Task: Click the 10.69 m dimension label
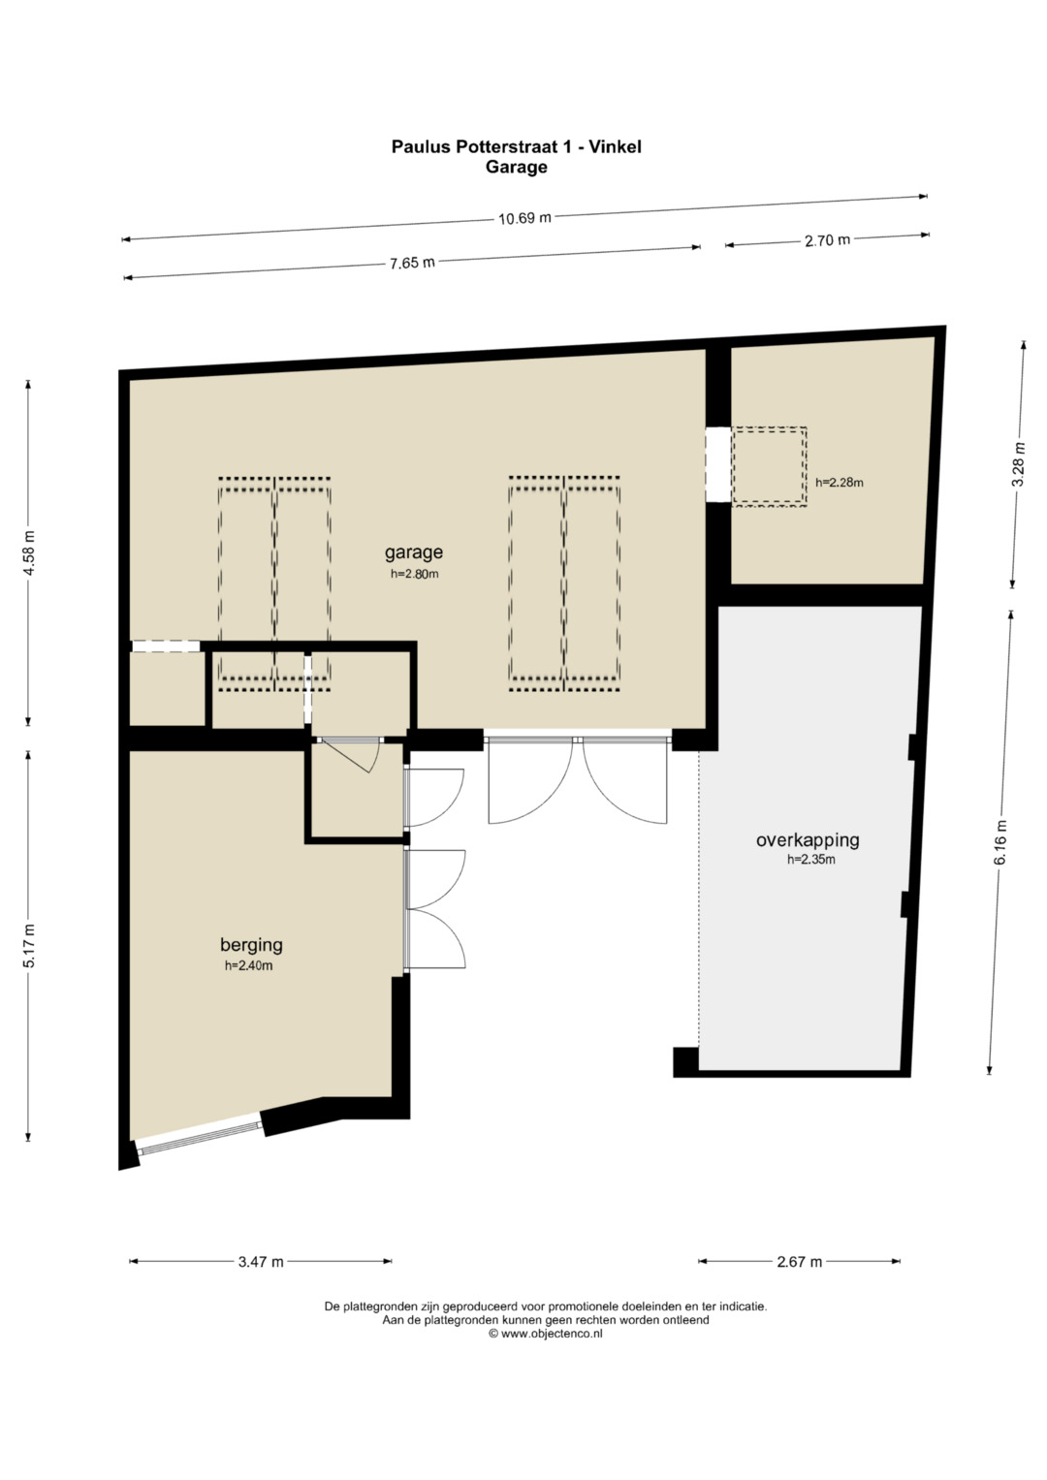click(524, 217)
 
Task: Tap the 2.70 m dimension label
click(827, 240)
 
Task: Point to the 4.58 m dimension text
click(30, 552)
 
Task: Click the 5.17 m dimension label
click(30, 946)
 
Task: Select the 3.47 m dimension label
click(261, 1262)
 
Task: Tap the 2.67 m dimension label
click(799, 1262)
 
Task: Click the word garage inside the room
click(414, 552)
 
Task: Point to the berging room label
click(251, 945)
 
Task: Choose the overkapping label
click(808, 839)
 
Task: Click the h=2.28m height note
click(839, 483)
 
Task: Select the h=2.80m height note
click(415, 574)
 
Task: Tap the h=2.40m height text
click(248, 965)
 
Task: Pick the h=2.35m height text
click(811, 860)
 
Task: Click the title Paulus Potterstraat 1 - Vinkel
click(516, 146)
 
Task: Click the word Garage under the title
click(516, 167)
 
